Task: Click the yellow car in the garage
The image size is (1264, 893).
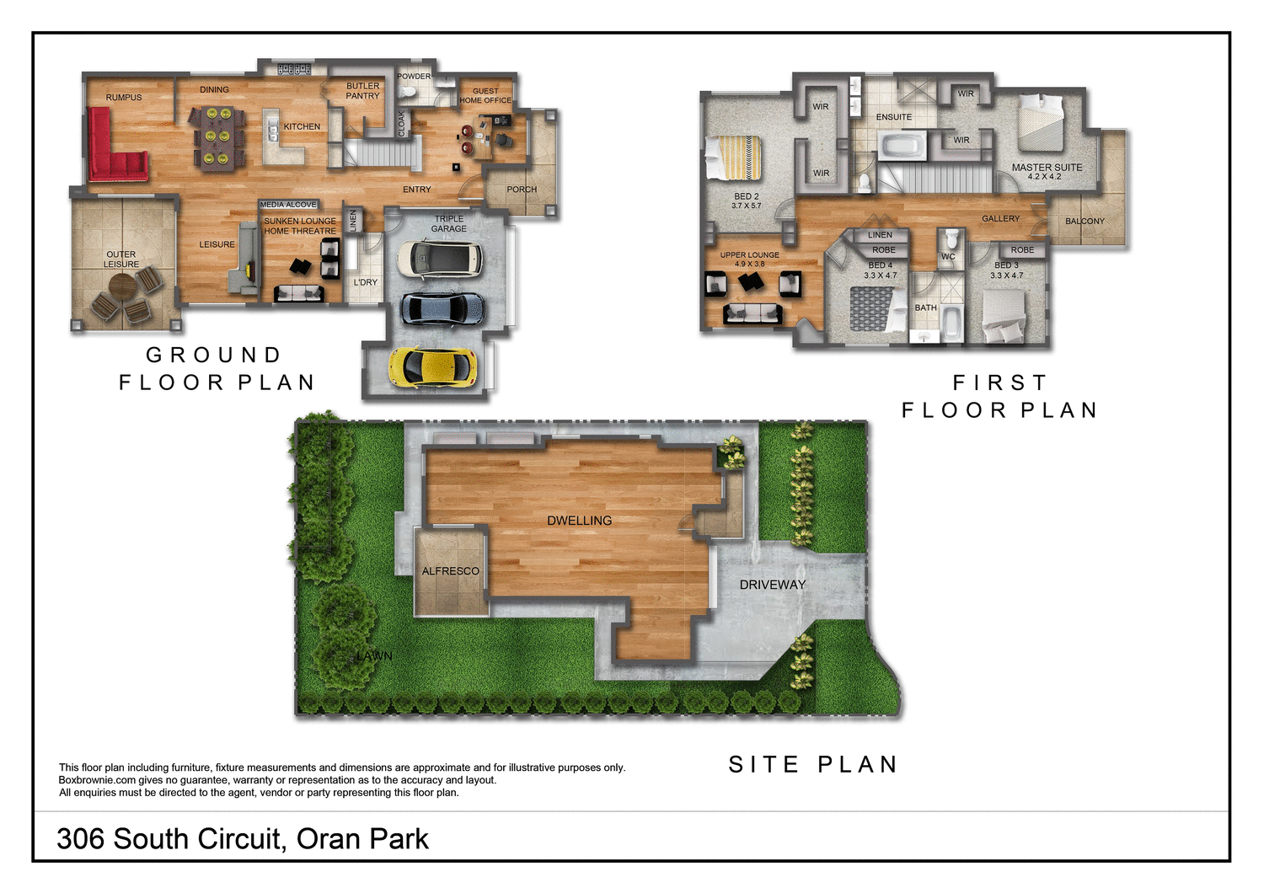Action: point(432,367)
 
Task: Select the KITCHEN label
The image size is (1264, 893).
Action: point(302,126)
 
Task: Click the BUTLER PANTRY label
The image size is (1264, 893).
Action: point(362,91)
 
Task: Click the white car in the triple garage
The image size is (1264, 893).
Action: point(439,259)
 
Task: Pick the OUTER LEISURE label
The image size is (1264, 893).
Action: point(121,259)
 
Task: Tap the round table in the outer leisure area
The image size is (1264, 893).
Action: point(122,288)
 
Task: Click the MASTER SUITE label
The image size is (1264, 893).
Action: point(1047,168)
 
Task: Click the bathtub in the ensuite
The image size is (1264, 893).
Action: point(901,147)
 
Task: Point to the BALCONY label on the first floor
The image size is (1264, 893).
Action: point(1085,222)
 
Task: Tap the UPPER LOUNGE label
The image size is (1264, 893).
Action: point(749,254)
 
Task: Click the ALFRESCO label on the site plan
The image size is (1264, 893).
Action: point(450,571)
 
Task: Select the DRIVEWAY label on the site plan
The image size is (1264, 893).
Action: point(772,585)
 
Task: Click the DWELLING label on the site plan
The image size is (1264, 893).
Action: point(579,521)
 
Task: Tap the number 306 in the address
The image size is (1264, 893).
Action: point(81,839)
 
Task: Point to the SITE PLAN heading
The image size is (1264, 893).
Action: point(812,765)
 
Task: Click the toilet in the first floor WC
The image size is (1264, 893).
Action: point(951,239)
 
